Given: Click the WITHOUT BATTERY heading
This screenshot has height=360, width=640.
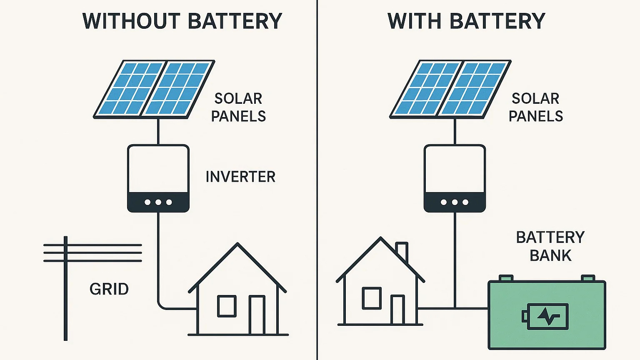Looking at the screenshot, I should pos(182,21).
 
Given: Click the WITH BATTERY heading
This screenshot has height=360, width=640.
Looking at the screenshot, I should pos(466,21).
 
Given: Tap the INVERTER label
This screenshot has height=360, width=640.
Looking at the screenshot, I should pos(240,177).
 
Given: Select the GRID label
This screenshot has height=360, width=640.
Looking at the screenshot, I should pos(109,289).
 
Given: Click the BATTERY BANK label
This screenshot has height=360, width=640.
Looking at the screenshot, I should pos(550,246).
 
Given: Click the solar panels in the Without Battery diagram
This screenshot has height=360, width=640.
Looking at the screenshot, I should pos(154,88).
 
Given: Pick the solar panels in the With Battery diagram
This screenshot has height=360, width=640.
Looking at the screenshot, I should pos(450,88).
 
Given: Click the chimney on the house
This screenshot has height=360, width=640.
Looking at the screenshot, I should pos(402,251).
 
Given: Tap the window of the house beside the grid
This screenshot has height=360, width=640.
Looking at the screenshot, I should pos(227,305).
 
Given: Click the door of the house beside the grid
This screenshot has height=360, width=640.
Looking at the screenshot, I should pos(257,315).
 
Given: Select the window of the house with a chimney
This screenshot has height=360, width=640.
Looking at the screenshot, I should pos(371,297).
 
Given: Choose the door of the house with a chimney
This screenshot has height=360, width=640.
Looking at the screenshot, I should pos(397,310).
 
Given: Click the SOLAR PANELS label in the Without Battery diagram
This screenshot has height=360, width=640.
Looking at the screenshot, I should pos(238,107).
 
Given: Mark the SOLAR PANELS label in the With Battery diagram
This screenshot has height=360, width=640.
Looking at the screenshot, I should pos(536,107).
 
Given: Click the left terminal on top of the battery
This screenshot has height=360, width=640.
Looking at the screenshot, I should pos(506,278).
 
